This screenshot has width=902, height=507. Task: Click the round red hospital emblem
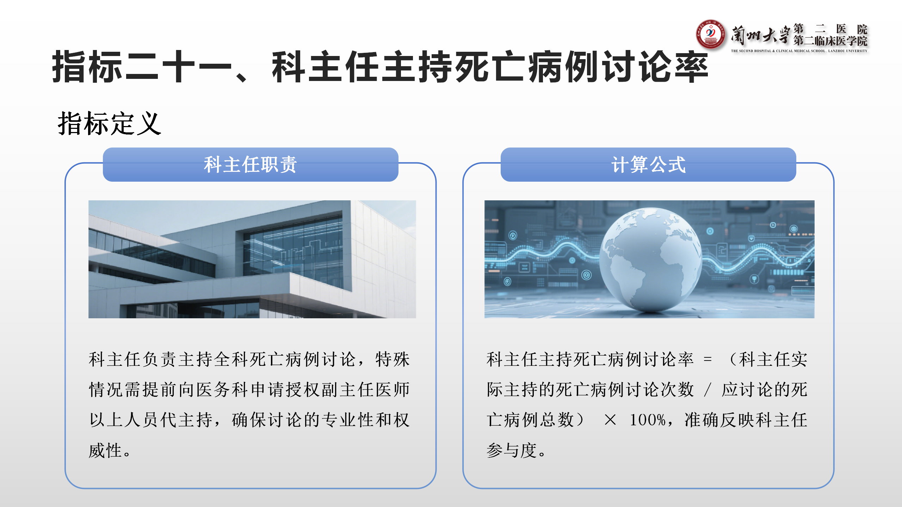(710, 34)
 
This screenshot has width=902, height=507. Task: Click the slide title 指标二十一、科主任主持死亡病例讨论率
(380, 67)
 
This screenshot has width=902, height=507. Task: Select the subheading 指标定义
(110, 123)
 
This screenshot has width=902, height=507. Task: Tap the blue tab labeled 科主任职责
(251, 164)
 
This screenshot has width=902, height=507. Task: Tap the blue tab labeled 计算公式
(648, 164)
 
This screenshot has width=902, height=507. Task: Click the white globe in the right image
(650, 259)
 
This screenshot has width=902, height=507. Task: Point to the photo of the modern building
(252, 259)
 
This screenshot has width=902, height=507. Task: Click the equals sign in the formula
(708, 359)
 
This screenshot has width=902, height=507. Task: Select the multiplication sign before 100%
(610, 420)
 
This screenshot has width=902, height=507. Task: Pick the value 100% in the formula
(647, 420)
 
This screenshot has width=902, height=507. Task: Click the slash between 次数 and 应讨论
(707, 390)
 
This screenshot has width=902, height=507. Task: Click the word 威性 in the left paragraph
(105, 450)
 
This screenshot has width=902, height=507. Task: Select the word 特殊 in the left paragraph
(393, 359)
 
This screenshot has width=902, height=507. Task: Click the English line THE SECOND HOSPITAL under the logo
(799, 51)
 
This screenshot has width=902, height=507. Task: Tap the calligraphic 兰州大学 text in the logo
(760, 36)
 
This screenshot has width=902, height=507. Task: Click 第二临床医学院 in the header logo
(830, 41)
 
